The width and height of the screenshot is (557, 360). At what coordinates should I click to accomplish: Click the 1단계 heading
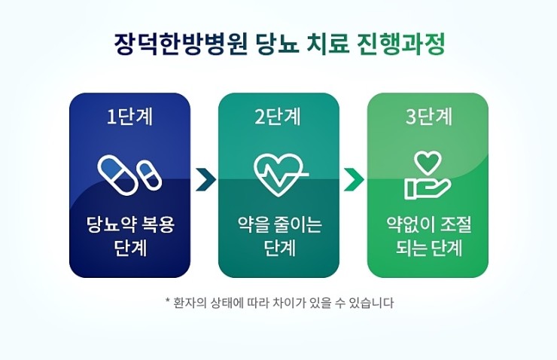129,117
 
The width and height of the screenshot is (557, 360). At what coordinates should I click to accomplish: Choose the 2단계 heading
278,117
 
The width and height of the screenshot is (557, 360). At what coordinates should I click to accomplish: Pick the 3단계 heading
428,117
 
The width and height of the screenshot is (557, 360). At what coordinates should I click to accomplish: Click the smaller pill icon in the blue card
148,177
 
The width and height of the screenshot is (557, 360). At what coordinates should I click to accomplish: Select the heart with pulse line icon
278,173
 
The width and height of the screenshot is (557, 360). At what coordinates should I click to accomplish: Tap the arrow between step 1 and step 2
205,180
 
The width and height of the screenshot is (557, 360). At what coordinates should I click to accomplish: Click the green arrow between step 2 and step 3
354,180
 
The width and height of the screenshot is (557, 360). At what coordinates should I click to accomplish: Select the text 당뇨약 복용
129,224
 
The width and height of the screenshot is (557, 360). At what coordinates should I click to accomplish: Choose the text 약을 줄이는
278,224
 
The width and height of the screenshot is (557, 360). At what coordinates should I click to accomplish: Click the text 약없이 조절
428,224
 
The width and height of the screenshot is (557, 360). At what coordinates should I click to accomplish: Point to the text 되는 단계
428,247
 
